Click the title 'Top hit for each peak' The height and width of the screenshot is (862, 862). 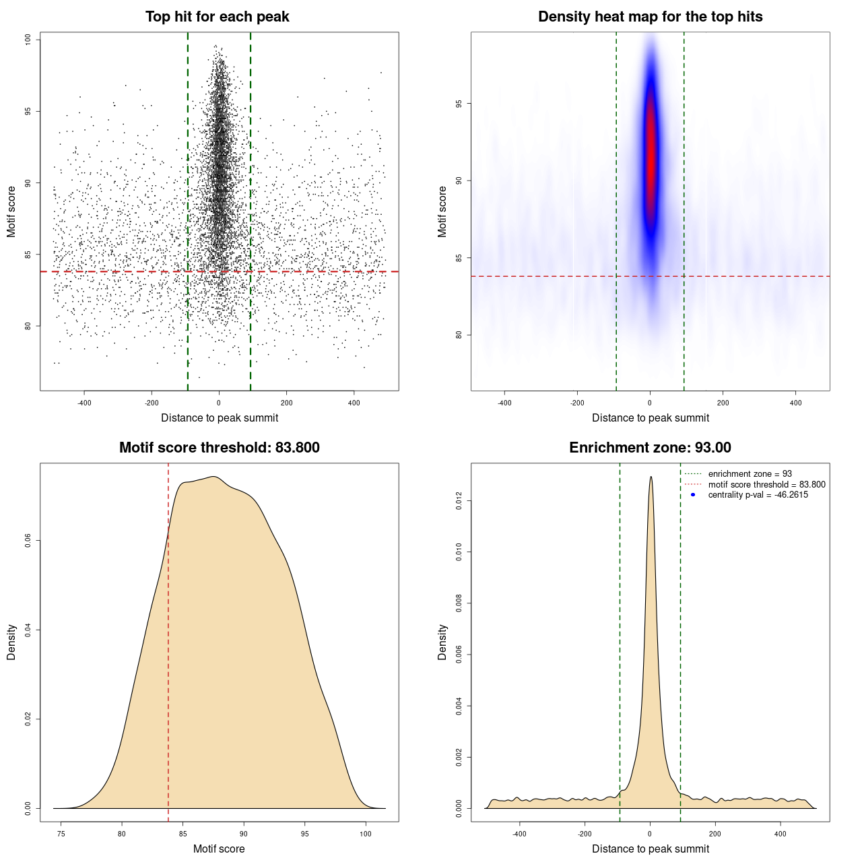217,17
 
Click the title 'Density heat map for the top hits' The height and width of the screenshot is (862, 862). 650,17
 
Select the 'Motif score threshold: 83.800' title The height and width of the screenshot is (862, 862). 219,448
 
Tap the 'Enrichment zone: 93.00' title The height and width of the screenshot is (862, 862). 650,448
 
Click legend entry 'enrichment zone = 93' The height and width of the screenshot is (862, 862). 750,474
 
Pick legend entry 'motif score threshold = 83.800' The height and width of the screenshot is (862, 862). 766,484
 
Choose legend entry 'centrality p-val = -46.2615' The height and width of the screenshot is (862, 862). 758,495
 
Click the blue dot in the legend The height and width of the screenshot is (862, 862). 693,495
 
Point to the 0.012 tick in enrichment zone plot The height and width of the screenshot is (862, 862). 459,500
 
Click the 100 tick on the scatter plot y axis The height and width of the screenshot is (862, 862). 28,40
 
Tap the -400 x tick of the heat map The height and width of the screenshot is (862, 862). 504,403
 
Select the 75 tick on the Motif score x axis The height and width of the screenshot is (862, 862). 61,834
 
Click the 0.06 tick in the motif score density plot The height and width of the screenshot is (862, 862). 28,541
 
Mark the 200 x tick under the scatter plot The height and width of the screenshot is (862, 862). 286,403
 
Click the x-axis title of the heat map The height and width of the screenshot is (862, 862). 650,418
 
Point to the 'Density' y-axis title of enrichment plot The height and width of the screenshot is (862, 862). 442,642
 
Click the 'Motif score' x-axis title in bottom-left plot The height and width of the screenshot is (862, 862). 219,849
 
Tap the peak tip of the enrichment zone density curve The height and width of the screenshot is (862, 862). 651,477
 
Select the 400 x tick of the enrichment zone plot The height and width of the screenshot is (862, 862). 781,834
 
